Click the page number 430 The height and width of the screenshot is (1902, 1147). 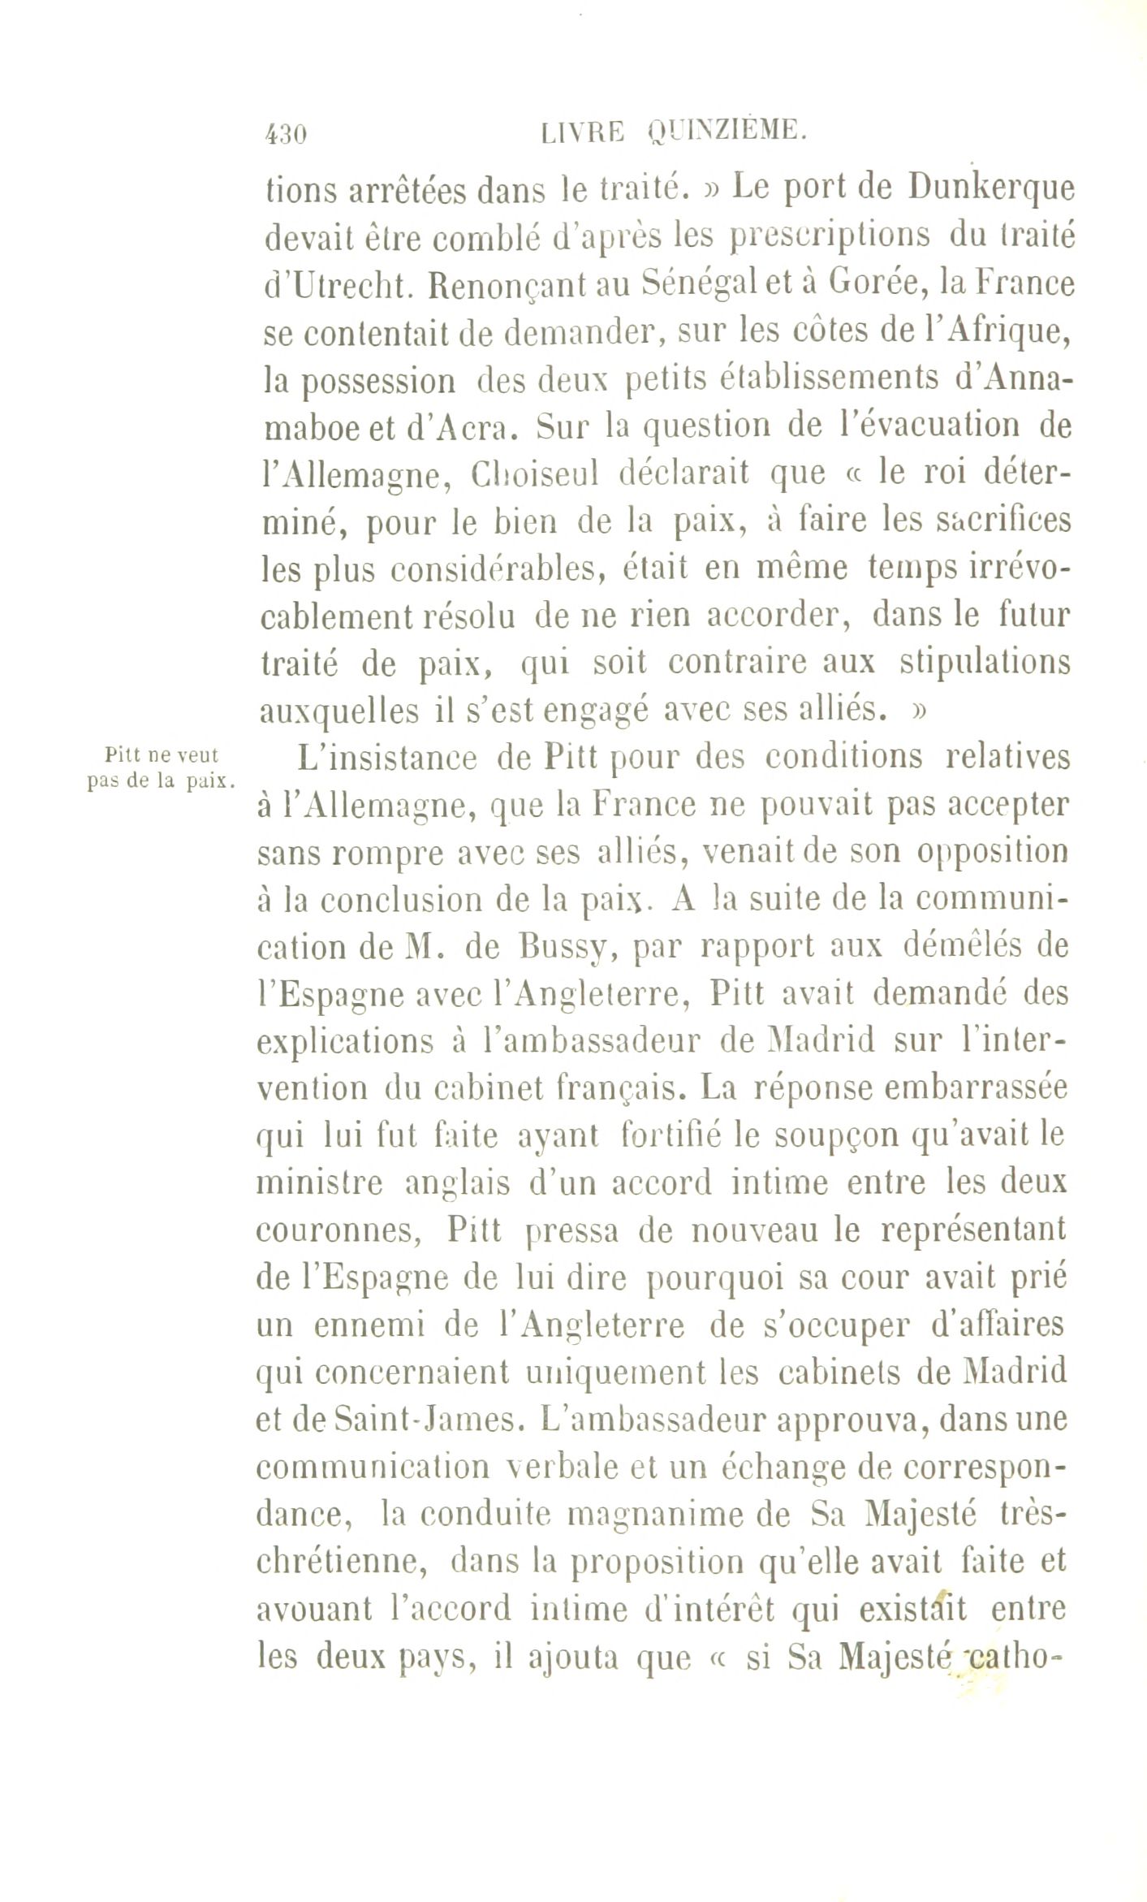pos(286,134)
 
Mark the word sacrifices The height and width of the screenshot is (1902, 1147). pos(998,520)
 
